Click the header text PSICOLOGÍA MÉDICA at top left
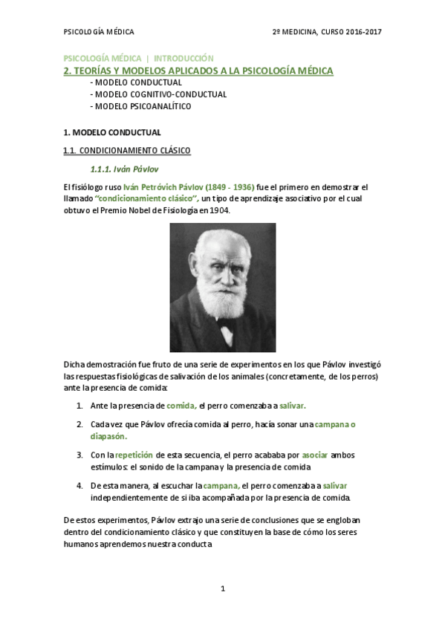(x=99, y=32)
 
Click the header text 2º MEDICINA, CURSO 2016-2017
(x=327, y=32)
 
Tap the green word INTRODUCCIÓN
(x=183, y=58)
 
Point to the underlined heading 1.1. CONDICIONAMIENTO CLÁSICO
(x=127, y=151)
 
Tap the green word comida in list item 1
(x=181, y=406)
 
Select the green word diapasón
(x=108, y=436)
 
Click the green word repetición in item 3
(x=134, y=455)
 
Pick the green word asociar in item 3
(x=315, y=455)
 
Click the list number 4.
(x=79, y=485)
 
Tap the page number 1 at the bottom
(x=223, y=588)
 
